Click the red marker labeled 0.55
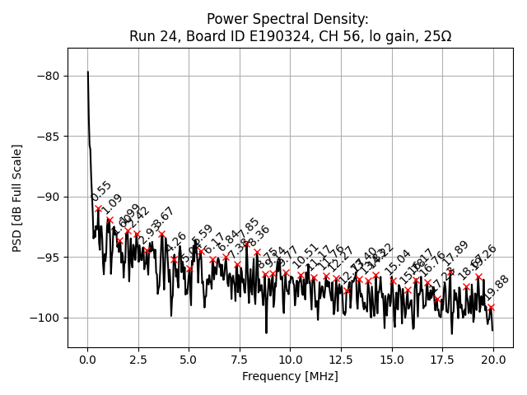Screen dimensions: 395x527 coord(99,208)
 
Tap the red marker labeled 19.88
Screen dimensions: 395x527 coord(491,307)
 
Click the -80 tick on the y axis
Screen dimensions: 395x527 coord(52,76)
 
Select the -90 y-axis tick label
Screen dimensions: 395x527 coord(52,197)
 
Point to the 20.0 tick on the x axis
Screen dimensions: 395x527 coord(493,360)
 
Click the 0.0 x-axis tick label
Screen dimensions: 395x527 coord(87,360)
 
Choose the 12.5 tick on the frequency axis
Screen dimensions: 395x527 coord(341,360)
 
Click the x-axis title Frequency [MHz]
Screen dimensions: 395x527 coord(290,376)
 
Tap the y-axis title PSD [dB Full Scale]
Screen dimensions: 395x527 coord(16,197)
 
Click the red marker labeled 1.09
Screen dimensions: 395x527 coord(110,221)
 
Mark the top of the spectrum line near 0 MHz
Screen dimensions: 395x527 coord(88,72)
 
